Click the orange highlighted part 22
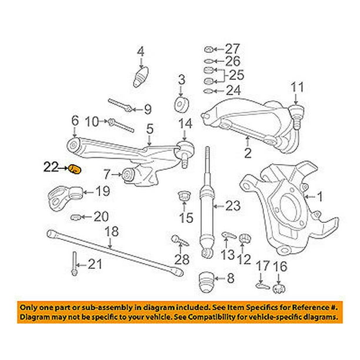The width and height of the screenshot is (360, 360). click(x=75, y=170)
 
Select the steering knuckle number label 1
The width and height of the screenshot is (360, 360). click(x=321, y=196)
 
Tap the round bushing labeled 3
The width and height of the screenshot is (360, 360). click(x=181, y=105)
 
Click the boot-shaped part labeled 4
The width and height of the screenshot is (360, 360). click(x=141, y=76)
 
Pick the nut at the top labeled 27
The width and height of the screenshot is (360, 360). click(x=208, y=48)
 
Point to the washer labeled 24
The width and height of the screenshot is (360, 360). click(x=209, y=91)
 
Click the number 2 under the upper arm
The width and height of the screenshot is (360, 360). click(x=248, y=154)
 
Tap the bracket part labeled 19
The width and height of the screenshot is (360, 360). click(x=63, y=195)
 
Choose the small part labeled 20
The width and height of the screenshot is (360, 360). click(x=75, y=217)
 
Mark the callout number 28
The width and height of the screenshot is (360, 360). click(x=182, y=260)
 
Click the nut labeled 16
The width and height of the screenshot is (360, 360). click(x=281, y=288)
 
